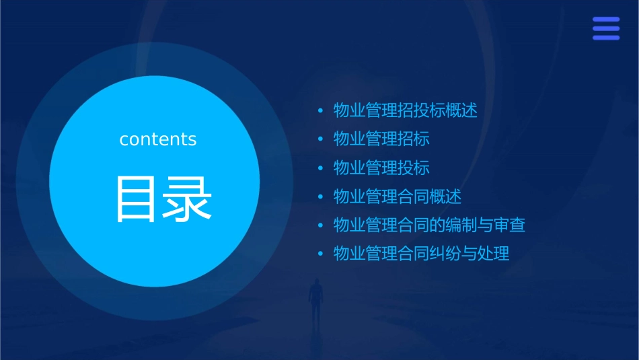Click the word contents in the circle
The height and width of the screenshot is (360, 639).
(x=158, y=139)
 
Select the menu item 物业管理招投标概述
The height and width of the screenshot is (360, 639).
(x=406, y=110)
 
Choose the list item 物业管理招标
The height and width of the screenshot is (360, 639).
(x=381, y=139)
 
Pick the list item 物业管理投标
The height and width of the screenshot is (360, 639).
(x=381, y=168)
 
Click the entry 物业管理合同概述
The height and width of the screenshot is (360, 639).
(x=398, y=196)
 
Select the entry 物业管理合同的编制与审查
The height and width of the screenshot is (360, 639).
(x=429, y=225)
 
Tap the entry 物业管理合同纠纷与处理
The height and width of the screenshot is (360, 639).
(x=422, y=254)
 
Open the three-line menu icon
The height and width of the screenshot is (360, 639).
(x=606, y=28)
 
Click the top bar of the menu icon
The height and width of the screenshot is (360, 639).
(x=606, y=20)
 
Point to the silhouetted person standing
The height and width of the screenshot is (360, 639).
(x=315, y=299)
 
